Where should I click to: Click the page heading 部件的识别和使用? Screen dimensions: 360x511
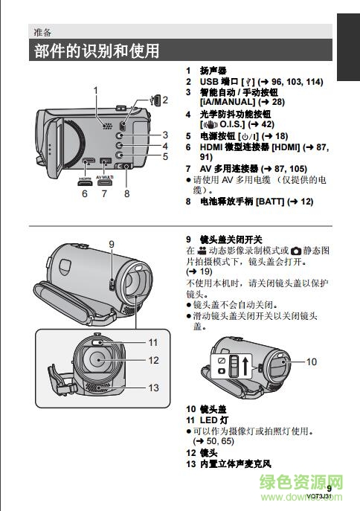point(97,51)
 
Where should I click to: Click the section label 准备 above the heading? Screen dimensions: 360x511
point(42,32)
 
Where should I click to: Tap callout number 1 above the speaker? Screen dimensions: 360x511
point(95,90)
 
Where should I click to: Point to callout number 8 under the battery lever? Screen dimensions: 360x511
point(126,193)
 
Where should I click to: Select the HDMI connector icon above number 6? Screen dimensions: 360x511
point(85,182)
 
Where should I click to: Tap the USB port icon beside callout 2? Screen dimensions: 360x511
point(155,100)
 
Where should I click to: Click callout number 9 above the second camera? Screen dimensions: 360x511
point(112,244)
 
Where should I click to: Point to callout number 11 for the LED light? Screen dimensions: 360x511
point(153,342)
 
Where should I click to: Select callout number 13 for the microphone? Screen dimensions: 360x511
point(153,388)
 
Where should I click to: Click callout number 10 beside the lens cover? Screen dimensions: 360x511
point(312,361)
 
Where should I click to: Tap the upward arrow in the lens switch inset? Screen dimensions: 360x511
point(245,364)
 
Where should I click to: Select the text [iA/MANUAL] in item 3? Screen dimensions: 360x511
point(228,102)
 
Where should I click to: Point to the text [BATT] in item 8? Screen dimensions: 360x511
point(270,202)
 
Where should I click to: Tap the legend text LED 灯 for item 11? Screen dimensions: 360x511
point(213,420)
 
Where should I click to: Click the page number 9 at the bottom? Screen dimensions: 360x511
point(329,488)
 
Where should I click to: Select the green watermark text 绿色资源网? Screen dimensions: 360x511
point(301,482)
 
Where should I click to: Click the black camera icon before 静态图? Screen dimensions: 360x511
point(296,251)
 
